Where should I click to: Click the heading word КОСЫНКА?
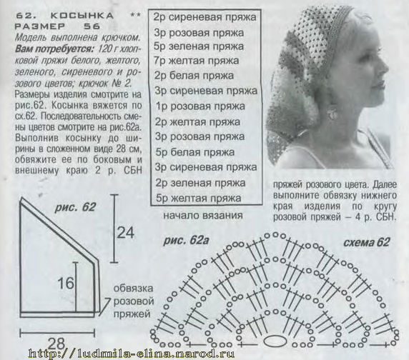point(82,16)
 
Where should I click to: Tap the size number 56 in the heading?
point(92,26)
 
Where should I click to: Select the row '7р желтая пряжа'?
point(196,61)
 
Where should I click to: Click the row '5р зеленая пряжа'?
point(199,46)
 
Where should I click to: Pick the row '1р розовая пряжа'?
point(200,106)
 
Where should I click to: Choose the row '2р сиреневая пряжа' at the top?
point(204,17)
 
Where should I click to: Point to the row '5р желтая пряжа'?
point(198,199)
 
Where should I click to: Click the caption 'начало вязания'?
point(203,216)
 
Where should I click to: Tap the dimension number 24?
point(125,233)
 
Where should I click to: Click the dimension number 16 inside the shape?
point(66,283)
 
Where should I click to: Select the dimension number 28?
point(56,344)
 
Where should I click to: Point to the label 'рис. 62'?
point(75,207)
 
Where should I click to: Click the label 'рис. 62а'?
point(186,241)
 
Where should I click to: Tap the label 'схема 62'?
point(366,242)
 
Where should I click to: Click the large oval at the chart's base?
point(275,341)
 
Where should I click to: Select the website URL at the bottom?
point(131,354)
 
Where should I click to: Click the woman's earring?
point(332,113)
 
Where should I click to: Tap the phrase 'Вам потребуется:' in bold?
point(54,49)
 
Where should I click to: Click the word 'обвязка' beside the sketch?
point(133,289)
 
